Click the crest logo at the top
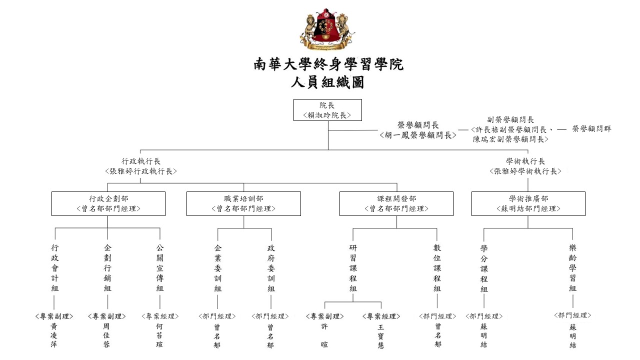(327, 29)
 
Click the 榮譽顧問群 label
(591, 129)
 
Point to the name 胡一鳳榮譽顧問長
(417, 135)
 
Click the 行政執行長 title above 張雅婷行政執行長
(141, 161)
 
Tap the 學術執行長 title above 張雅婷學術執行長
(525, 161)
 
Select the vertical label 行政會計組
(55, 267)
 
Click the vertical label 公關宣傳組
(159, 267)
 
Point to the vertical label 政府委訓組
(271, 268)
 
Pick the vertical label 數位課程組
(437, 267)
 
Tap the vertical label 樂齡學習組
(572, 267)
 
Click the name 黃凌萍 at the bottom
(53, 335)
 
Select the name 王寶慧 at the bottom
(381, 336)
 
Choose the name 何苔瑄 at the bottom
(159, 335)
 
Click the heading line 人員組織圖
(327, 82)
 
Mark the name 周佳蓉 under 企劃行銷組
(106, 335)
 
